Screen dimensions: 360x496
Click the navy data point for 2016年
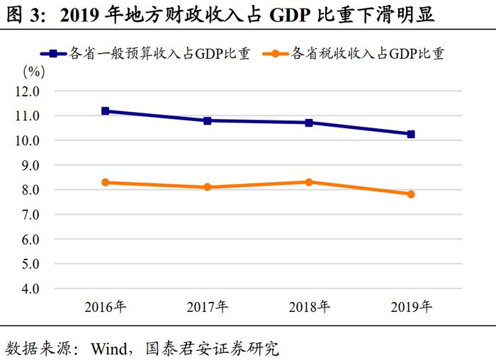point(106,111)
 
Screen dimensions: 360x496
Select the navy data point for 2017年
point(208,120)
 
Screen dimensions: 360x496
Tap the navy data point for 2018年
point(309,123)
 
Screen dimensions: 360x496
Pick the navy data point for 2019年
point(411,134)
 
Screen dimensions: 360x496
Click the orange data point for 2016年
point(106,182)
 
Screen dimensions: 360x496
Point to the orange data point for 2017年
point(208,187)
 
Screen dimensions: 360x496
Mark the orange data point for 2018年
point(309,182)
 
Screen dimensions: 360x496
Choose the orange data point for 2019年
point(411,194)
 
